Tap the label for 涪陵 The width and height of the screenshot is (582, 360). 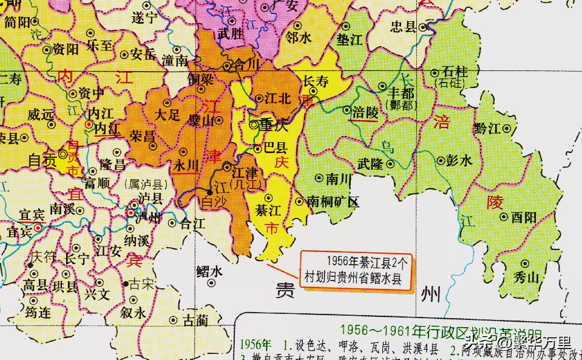click(365, 112)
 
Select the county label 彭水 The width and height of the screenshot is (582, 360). click(459, 161)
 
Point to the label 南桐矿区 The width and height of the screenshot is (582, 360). click(334, 202)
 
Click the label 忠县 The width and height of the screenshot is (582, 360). click(404, 27)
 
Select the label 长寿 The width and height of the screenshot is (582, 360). click(316, 80)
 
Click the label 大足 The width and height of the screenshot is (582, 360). click(167, 114)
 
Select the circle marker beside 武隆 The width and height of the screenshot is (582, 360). click(391, 164)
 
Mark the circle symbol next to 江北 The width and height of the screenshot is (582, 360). click(259, 98)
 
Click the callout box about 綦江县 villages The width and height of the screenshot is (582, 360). click(358, 270)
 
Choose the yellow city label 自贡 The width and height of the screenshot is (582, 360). click(42, 160)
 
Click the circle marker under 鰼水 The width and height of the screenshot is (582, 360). click(211, 282)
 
